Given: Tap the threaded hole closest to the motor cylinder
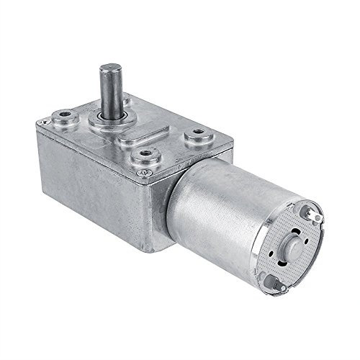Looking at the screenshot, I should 194,133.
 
